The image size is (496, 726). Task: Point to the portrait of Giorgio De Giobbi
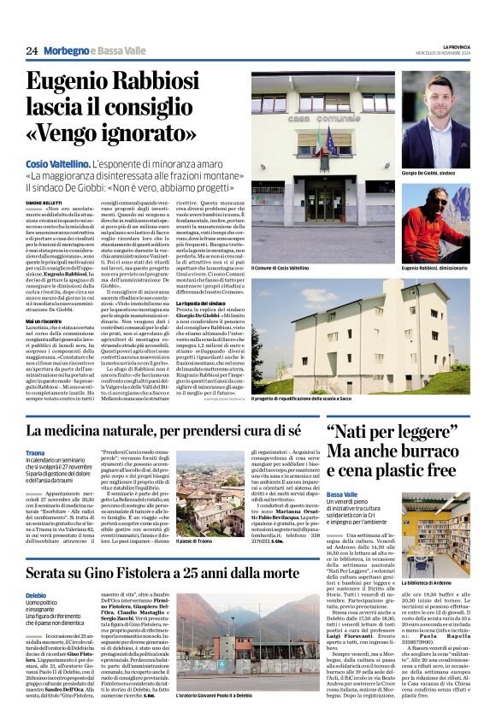(x=435, y=120)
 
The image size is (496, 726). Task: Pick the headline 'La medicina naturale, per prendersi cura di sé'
(x=163, y=430)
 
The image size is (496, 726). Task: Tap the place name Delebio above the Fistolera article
(x=36, y=594)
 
